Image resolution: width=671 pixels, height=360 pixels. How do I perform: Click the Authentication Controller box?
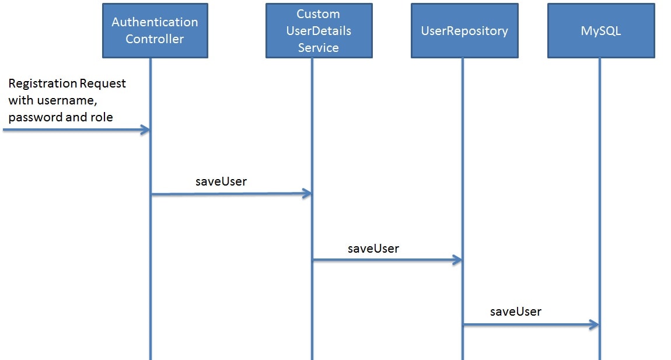click(x=155, y=30)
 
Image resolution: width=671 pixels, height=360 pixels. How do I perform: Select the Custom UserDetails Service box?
click(x=319, y=30)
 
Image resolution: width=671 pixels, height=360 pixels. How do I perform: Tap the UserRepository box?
click(x=464, y=30)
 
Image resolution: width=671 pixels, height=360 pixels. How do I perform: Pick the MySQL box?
click(x=601, y=30)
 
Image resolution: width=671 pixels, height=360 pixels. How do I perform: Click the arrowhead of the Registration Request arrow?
click(x=145, y=130)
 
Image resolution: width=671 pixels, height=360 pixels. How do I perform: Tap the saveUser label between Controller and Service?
click(x=221, y=181)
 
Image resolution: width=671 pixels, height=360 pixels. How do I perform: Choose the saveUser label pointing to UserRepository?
click(x=373, y=249)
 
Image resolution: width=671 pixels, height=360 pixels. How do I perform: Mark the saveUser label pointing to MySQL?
click(x=516, y=312)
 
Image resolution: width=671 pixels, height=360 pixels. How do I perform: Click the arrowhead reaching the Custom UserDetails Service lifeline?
click(x=307, y=194)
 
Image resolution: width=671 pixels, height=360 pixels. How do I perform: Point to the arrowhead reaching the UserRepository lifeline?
click(x=457, y=260)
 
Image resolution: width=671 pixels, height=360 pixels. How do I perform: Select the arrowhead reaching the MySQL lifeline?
click(x=594, y=324)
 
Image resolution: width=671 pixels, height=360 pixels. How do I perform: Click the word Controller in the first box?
click(x=155, y=39)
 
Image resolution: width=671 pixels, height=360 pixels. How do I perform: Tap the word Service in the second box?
click(x=319, y=48)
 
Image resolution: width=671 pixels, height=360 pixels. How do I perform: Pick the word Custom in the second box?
click(x=319, y=14)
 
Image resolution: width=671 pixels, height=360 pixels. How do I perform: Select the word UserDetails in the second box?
click(x=319, y=31)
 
